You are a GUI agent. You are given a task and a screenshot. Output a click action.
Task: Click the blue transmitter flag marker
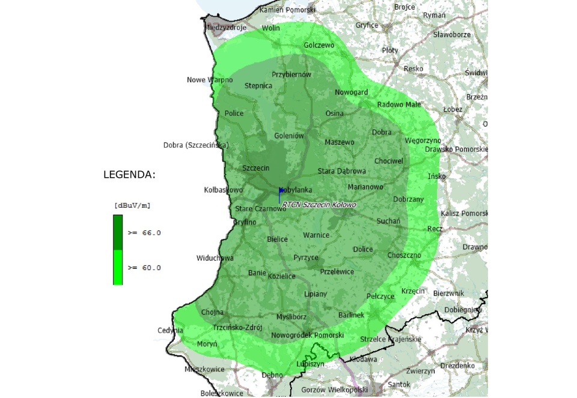[x=281, y=191]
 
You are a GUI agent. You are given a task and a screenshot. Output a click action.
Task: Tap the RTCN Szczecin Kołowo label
[x=319, y=205]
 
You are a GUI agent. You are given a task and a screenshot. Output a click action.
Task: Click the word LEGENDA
[x=129, y=175]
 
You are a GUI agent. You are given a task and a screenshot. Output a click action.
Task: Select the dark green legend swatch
[x=118, y=232]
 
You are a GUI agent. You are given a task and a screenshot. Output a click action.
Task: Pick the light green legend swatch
[x=118, y=267]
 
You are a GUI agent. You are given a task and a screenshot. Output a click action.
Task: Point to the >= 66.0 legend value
[x=144, y=232]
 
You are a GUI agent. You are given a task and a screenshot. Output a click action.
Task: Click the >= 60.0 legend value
[x=144, y=268]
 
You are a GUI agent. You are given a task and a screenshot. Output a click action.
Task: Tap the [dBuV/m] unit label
[x=132, y=205]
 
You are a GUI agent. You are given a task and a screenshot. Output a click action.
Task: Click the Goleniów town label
[x=288, y=136]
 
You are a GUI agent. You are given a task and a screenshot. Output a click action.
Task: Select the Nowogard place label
[x=351, y=92]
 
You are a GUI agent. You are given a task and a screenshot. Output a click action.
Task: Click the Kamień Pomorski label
[x=287, y=10]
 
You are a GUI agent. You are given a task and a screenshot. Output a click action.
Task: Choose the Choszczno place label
[x=404, y=255]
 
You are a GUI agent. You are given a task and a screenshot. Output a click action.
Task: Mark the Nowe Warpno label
[x=210, y=80]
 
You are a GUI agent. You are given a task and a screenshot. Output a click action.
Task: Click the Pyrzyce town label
[x=306, y=258]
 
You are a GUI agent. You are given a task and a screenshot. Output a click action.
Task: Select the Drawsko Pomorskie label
[x=456, y=149]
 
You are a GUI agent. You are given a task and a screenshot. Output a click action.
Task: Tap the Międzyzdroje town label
[x=227, y=28]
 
